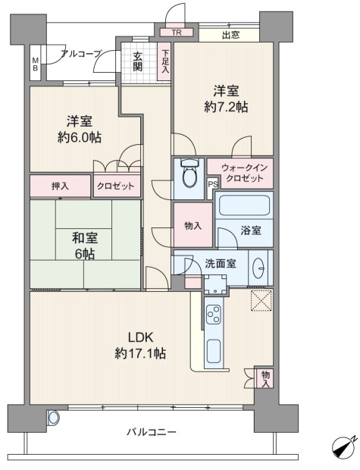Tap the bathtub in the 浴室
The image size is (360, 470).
point(244,205)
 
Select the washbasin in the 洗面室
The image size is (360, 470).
point(258,268)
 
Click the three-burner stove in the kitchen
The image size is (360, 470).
point(214,314)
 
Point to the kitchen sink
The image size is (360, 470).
point(214,351)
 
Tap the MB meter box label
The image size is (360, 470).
point(36,64)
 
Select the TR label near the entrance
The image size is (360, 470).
point(177,33)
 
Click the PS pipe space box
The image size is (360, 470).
point(213,184)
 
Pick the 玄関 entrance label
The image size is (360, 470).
point(138,61)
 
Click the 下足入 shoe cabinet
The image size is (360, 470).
point(164,61)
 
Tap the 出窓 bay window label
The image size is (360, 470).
point(230,35)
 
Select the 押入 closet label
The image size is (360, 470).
point(60,186)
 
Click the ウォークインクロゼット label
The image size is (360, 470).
point(244,174)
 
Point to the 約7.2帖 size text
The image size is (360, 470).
point(226,107)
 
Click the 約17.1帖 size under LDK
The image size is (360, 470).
point(140,354)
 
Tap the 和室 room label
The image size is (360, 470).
point(85,238)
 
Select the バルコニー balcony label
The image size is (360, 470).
point(152,432)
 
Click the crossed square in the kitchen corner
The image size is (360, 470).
point(261,300)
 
